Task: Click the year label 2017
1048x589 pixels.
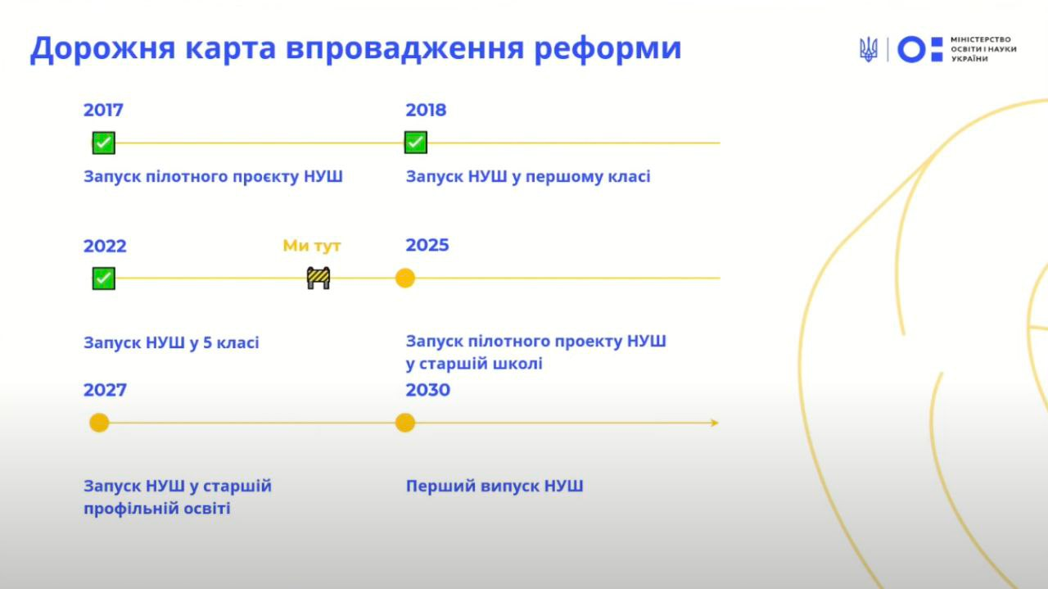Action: click(x=103, y=110)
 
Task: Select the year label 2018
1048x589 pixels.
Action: click(x=426, y=110)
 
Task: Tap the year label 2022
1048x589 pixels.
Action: click(x=105, y=247)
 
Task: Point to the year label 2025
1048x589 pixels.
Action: click(x=427, y=245)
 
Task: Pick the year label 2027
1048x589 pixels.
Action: click(x=105, y=390)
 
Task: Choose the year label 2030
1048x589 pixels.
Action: click(x=427, y=390)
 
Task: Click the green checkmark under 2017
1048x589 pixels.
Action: click(x=103, y=143)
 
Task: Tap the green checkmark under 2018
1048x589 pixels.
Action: click(x=415, y=143)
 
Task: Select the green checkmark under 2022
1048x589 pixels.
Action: click(x=103, y=279)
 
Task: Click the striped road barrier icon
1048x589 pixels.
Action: click(x=318, y=278)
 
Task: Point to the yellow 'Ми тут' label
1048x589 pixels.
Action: click(x=312, y=246)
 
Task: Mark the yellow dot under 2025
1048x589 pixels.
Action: click(x=405, y=278)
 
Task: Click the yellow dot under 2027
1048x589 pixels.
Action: click(x=99, y=423)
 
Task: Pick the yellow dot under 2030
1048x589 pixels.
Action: click(x=405, y=423)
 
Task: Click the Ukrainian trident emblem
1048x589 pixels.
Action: click(x=869, y=49)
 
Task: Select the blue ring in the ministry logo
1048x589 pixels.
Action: click(x=911, y=49)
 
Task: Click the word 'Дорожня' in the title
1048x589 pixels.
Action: click(x=102, y=48)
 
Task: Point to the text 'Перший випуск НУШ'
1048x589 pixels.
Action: click(x=495, y=486)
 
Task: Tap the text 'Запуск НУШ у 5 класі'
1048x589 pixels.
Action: click(x=171, y=342)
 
